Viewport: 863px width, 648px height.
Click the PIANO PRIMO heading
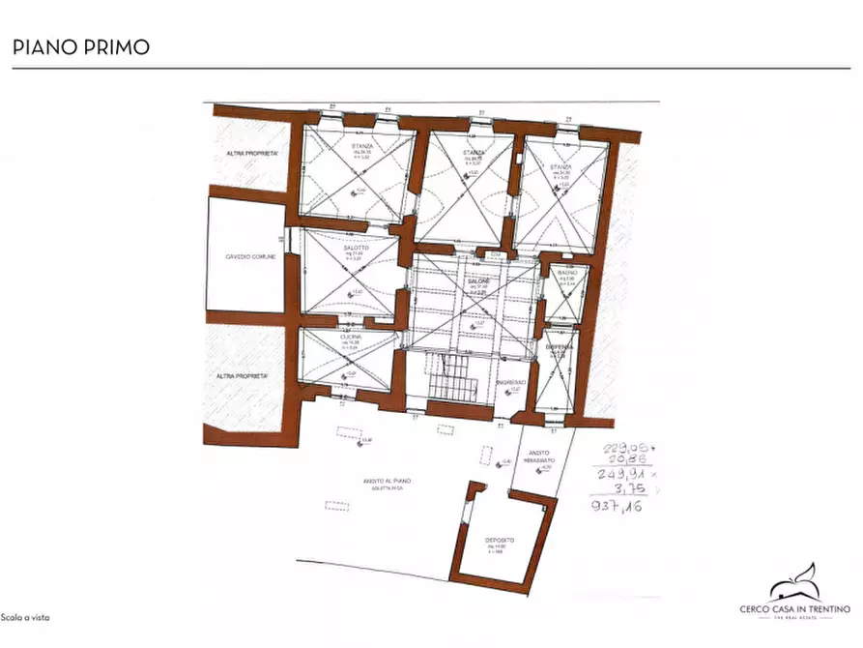[80, 46]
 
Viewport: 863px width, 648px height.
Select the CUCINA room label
[350, 336]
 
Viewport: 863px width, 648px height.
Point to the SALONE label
[480, 280]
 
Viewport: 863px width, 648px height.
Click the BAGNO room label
[566, 274]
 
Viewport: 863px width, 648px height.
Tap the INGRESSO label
[510, 383]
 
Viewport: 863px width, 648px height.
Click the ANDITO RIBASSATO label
[539, 457]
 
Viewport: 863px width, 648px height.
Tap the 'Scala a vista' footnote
[24, 617]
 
